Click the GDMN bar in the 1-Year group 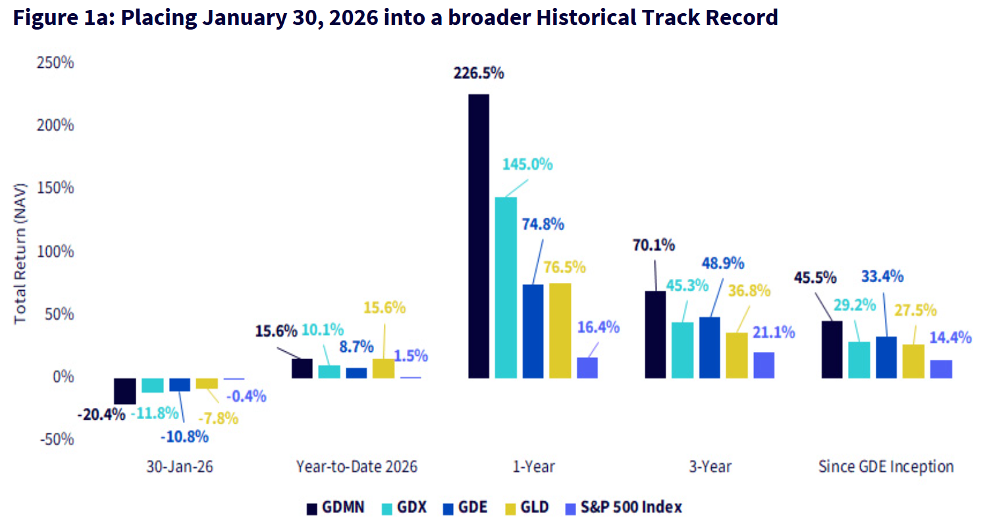click(478, 236)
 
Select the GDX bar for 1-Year click(506, 287)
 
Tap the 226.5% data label click(478, 73)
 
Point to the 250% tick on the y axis click(55, 63)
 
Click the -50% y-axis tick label click(56, 439)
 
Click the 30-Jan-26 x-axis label click(180, 467)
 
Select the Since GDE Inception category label click(886, 467)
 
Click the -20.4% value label click(101, 415)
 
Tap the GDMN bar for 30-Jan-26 click(124, 391)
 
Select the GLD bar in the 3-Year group click(737, 355)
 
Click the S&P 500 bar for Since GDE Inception click(941, 369)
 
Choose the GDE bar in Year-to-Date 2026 click(356, 373)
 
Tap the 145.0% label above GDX click(527, 164)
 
